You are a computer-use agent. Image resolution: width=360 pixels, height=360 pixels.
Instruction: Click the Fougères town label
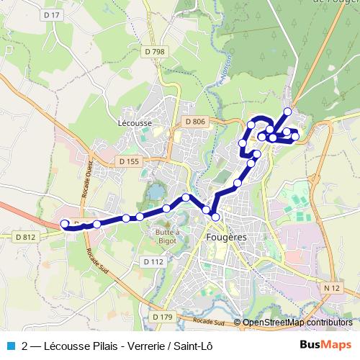(x=226, y=237)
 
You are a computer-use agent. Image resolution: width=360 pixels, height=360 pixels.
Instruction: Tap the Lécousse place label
(x=135, y=123)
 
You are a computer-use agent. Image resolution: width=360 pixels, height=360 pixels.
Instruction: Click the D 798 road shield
(x=154, y=51)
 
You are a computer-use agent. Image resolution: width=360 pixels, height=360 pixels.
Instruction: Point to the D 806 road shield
(x=194, y=122)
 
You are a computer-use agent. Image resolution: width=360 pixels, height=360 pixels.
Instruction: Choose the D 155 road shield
(x=127, y=161)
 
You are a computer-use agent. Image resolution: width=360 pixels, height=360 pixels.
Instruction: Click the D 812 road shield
(x=24, y=236)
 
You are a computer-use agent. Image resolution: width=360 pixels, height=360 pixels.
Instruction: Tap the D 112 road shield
(x=153, y=261)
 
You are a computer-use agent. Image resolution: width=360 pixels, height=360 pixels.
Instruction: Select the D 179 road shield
(x=163, y=317)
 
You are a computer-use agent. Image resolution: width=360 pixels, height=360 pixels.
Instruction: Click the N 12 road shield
(x=331, y=288)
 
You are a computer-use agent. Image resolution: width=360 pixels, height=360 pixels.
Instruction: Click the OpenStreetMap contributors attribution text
(x=297, y=323)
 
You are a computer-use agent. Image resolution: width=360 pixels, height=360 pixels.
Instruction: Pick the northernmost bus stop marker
(x=288, y=111)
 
